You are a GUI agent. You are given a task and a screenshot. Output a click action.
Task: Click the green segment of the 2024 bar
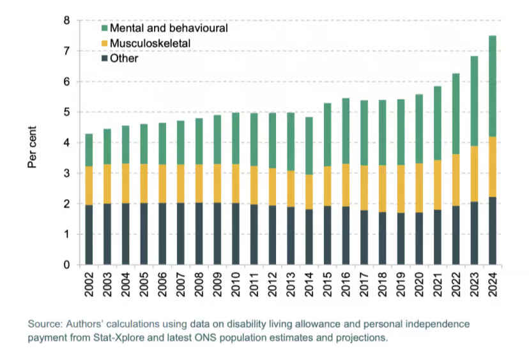click(492, 86)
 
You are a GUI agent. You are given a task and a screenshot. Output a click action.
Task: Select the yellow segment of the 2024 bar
click(492, 167)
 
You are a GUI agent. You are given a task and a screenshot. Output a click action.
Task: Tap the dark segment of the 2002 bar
click(89, 234)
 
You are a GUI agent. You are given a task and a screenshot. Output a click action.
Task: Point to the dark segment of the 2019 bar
click(401, 239)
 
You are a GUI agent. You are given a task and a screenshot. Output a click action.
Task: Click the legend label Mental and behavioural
click(169, 28)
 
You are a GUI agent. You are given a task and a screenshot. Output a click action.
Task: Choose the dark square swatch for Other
click(104, 59)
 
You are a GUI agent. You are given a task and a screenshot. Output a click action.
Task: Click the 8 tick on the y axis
click(66, 20)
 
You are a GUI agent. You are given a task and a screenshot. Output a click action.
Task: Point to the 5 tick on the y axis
click(66, 112)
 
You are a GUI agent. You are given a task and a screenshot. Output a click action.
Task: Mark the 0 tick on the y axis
click(66, 265)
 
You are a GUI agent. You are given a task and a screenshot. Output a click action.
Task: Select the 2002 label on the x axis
click(89, 285)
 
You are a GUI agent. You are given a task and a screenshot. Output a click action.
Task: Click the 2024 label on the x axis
click(493, 285)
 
